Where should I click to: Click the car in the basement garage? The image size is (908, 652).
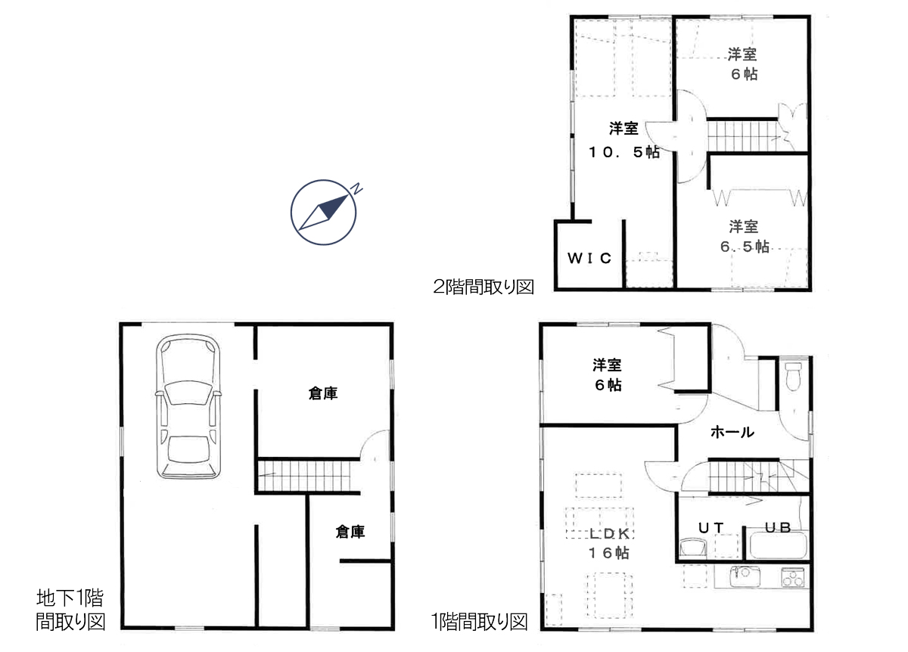pos(188,406)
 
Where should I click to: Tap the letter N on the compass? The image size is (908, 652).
pos(356,188)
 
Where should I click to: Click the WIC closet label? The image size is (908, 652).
pos(589,258)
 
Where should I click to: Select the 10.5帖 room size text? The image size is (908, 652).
pos(624,152)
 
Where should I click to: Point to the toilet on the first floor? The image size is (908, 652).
pos(793,377)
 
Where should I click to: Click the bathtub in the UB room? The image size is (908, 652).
pos(779,545)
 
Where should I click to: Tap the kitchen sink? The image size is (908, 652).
pos(745,576)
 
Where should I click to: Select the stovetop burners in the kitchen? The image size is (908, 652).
pos(793,577)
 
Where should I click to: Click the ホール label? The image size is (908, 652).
pos(732,433)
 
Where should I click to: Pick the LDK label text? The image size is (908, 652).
pos(609,534)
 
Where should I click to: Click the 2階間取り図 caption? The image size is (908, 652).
pos(484,287)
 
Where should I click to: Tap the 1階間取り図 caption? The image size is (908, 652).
pos(480,622)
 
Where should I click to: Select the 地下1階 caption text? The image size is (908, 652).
pos(70,598)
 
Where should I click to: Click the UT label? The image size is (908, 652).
pos(711,528)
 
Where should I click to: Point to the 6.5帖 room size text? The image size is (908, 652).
pos(745,247)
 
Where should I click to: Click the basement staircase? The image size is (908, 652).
pos(304,476)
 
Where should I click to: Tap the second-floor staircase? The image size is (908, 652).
pos(745,136)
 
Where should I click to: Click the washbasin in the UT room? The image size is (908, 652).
pos(693,547)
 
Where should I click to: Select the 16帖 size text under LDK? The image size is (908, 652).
pos(609,553)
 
